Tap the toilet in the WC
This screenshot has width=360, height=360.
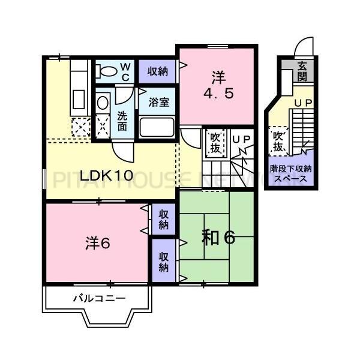pos(108,71)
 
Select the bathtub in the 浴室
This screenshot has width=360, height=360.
pos(157,127)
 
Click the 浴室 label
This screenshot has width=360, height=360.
pos(160,102)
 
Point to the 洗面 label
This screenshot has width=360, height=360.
pos(122,121)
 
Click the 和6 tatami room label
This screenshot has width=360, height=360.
pos(217,238)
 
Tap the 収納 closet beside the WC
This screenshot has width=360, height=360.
pos(158,71)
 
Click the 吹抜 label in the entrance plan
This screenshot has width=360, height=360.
pos(278,141)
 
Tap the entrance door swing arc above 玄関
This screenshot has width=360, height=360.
pos(305,47)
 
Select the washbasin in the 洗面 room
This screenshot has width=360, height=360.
pos(103,104)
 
